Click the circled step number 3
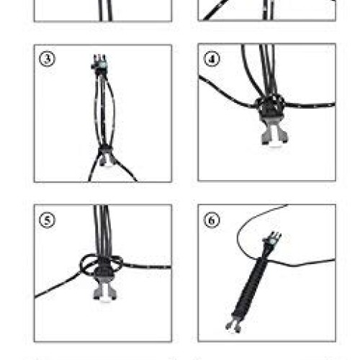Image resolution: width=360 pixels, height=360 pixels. (x=47, y=58)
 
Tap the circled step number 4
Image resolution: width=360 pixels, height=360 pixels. (x=212, y=58)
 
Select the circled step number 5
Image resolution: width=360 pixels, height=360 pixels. (x=47, y=220)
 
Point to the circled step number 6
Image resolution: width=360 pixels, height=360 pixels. (x=212, y=220)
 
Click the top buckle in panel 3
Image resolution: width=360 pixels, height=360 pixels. (x=99, y=63)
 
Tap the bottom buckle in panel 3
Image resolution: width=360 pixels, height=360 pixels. (x=106, y=156)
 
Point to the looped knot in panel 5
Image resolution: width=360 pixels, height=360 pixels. (x=102, y=265)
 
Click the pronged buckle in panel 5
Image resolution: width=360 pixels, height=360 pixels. (x=105, y=289)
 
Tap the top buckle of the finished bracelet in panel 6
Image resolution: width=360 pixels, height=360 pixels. (x=272, y=239)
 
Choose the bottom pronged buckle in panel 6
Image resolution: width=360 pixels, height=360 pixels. (x=233, y=325)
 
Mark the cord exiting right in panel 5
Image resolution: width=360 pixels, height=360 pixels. (x=147, y=266)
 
